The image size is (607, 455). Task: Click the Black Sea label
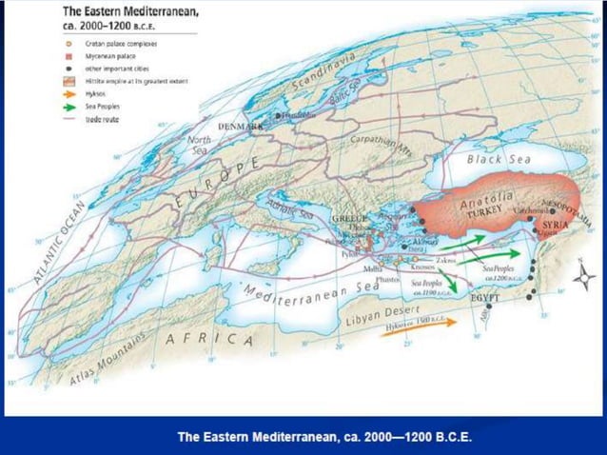(x=503, y=160)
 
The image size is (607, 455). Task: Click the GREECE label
(x=349, y=219)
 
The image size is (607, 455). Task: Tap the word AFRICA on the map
(x=209, y=340)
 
